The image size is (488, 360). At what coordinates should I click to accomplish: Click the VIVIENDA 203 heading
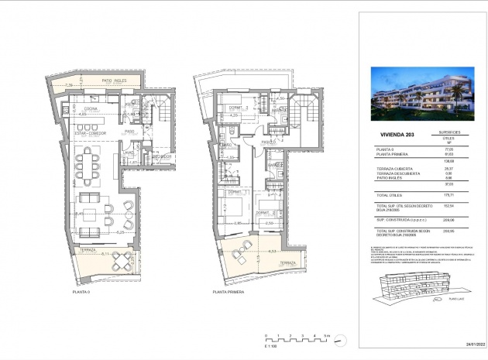[x=388, y=133]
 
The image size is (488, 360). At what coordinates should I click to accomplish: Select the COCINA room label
[x=91, y=108]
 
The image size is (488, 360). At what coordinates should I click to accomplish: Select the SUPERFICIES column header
[x=446, y=132]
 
